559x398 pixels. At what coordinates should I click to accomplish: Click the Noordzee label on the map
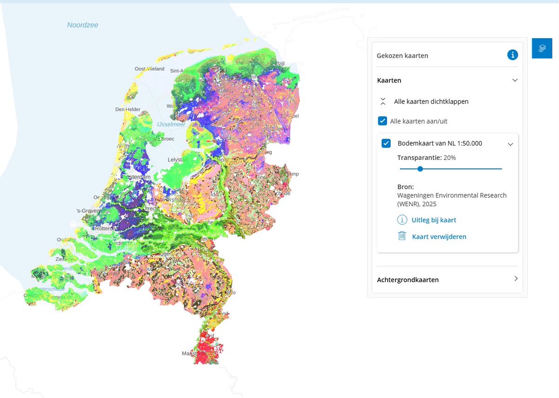[x=82, y=25]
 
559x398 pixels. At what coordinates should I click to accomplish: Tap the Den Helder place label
[x=128, y=110]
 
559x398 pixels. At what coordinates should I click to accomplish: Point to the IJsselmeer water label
[x=171, y=124]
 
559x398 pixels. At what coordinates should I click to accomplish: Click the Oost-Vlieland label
[x=150, y=69]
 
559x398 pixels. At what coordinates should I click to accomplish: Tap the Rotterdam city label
[x=107, y=228]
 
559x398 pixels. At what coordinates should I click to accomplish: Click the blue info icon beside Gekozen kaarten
[x=512, y=55]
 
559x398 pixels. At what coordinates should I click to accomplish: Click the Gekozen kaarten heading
[x=402, y=55]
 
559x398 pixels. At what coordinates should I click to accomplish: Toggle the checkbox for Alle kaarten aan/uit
[x=382, y=121]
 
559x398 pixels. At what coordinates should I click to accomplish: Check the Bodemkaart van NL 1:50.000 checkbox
[x=386, y=143]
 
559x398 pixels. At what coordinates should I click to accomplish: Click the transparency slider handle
[x=420, y=169]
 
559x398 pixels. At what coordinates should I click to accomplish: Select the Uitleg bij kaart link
[x=434, y=220]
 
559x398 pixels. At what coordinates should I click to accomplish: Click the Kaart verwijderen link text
[x=439, y=236]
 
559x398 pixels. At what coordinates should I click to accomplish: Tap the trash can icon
[x=402, y=236]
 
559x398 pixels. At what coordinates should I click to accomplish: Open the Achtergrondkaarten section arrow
[x=515, y=279]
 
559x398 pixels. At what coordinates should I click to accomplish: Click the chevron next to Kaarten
[x=515, y=80]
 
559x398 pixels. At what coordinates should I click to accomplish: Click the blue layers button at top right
[x=542, y=48]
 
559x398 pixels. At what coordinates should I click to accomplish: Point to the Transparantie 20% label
[x=426, y=158]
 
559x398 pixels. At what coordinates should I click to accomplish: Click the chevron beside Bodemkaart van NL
[x=511, y=144]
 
